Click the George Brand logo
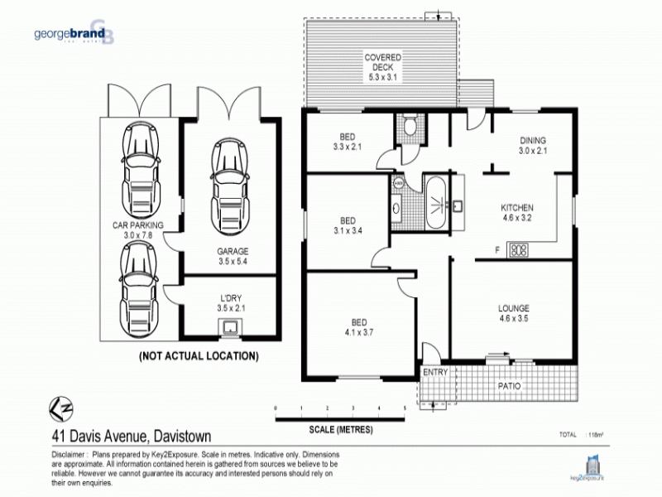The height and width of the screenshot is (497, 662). (x=74, y=35)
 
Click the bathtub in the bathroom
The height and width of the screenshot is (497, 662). (x=435, y=201)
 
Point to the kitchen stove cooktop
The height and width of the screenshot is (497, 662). (x=518, y=248)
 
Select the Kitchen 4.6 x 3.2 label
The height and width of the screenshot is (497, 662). (x=517, y=213)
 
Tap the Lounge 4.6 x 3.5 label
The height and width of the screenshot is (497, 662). (x=514, y=313)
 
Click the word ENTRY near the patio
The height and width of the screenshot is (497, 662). (x=434, y=373)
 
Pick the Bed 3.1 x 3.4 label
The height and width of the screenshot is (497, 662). (x=348, y=226)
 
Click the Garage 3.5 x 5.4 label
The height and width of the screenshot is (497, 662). (x=233, y=256)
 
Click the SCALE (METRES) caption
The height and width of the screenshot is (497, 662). (x=339, y=430)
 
